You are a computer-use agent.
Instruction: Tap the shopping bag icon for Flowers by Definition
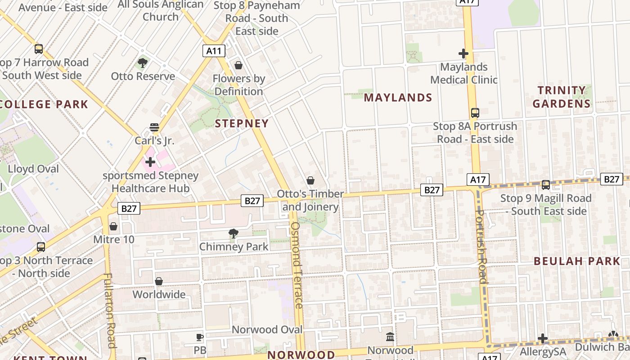(x=238, y=66)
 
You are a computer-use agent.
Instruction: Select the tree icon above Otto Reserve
(x=143, y=63)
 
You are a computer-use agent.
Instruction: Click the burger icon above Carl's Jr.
(x=154, y=127)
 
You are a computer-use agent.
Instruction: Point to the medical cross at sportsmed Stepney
(x=150, y=162)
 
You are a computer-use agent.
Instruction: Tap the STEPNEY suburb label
(x=242, y=123)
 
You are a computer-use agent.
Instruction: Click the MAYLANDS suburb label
(x=398, y=98)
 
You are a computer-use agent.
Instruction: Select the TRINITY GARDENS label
(x=562, y=97)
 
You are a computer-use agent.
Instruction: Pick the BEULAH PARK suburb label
(x=577, y=261)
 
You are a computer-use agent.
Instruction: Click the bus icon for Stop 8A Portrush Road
(x=475, y=113)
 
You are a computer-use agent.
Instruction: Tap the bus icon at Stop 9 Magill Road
(x=546, y=184)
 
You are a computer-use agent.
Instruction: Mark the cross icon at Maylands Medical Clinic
(x=463, y=54)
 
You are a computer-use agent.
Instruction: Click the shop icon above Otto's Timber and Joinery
(x=310, y=181)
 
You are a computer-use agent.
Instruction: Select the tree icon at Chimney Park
(x=233, y=233)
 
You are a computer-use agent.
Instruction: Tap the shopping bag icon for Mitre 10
(x=113, y=226)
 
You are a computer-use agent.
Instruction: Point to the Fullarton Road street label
(x=110, y=310)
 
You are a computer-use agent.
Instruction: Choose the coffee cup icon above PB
(x=200, y=337)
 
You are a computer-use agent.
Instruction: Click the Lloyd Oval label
(x=33, y=169)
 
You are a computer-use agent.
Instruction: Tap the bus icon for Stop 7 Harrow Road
(x=39, y=49)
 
